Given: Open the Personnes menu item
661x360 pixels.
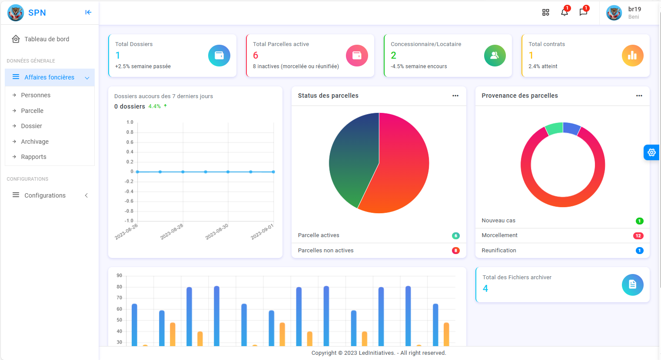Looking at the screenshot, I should (36, 95).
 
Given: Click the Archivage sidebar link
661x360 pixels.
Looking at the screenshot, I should (35, 142).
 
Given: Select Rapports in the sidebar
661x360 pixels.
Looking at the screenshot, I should (33, 157).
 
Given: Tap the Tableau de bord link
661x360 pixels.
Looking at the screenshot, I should (47, 39).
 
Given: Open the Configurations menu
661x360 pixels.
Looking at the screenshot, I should (45, 195).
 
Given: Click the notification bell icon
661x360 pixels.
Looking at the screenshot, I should (564, 12).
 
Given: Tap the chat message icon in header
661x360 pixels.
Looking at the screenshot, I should (583, 12).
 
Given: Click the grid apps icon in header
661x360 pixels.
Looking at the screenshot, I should (546, 13).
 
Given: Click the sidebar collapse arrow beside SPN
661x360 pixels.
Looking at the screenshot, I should (88, 13).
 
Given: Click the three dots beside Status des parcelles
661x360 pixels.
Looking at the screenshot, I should (455, 96).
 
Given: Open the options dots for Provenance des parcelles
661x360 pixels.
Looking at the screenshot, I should (639, 96).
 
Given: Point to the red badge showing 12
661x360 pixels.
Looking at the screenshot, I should (638, 236).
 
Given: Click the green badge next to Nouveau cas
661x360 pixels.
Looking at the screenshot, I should (639, 221).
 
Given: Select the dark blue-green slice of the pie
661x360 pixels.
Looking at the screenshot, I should (352, 161).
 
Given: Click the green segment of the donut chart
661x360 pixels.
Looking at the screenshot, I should (554, 129).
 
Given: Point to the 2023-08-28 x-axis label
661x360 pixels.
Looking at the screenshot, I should (172, 231).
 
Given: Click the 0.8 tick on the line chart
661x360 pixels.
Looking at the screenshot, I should (130, 132).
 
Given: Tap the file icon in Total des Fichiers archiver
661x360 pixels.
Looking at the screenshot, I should (632, 285).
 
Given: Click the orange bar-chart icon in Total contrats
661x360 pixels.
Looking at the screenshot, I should (632, 56).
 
